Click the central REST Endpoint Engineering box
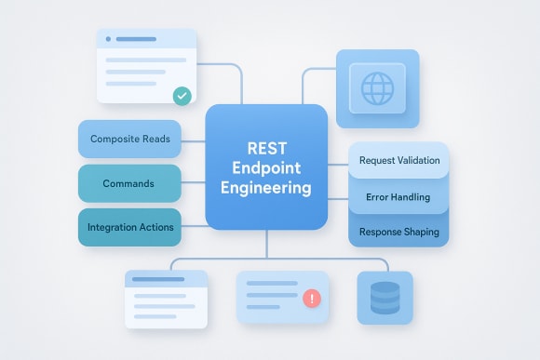266,167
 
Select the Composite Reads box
129,139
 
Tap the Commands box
129,183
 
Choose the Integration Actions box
129,227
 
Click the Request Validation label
398,160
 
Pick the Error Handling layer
398,196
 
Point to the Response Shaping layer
398,231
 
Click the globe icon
377,89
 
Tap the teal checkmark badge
182,95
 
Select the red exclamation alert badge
311,298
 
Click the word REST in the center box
266,148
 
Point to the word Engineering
266,188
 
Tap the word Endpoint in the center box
266,167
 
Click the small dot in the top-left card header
109,39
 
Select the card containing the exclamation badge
282,298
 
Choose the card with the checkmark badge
147,66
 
